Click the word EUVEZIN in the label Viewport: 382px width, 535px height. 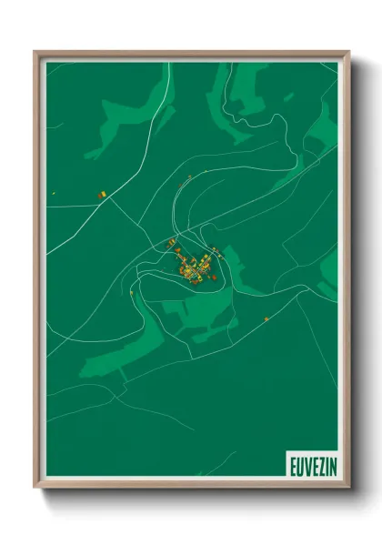(x=311, y=464)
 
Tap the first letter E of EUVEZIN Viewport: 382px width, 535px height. (x=293, y=464)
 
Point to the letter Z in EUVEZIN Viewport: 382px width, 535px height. (x=317, y=464)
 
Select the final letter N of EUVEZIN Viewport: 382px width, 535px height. (x=330, y=464)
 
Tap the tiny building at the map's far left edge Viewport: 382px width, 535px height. (x=55, y=192)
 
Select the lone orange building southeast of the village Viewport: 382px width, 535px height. (x=266, y=318)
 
